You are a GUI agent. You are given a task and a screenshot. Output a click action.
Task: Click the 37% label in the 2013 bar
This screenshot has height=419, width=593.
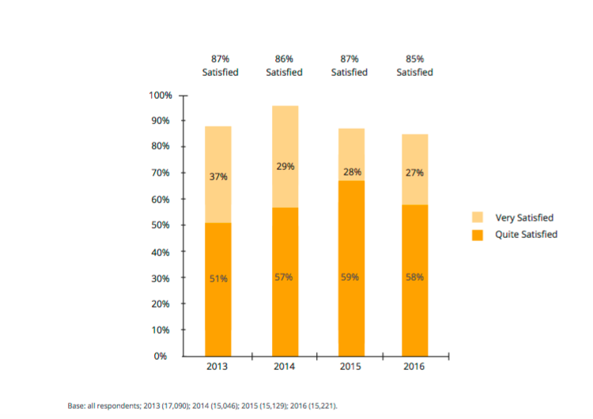[x=218, y=176]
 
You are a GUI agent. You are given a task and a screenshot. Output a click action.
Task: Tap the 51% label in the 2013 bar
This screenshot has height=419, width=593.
[x=218, y=279]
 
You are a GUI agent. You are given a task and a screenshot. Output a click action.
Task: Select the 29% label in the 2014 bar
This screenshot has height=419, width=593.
[x=285, y=166]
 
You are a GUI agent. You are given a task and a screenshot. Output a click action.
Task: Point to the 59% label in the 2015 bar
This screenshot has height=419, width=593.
[x=349, y=277]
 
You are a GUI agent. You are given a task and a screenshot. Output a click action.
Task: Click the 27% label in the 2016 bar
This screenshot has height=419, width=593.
[x=414, y=173]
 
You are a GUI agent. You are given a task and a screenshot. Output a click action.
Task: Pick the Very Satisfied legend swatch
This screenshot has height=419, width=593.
[x=478, y=217]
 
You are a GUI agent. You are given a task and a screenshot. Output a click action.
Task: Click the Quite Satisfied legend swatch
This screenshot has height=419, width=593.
[x=478, y=235]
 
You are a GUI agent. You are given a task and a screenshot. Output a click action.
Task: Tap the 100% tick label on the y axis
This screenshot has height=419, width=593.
[x=161, y=96]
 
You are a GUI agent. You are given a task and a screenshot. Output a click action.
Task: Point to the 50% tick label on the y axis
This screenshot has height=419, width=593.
[x=161, y=225]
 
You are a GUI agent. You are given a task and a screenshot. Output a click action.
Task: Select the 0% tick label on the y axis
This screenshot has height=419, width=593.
[x=161, y=357]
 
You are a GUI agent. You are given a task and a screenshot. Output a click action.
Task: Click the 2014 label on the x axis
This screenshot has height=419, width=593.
[x=284, y=367]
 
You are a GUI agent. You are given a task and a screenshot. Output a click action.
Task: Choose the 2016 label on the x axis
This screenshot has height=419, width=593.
[x=414, y=367]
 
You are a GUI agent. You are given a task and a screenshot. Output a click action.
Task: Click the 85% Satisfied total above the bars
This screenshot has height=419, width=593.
[x=414, y=66]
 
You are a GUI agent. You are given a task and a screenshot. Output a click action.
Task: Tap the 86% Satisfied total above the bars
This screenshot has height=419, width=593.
[x=284, y=66]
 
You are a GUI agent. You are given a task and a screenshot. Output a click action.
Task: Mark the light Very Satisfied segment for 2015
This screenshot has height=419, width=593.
[x=351, y=155]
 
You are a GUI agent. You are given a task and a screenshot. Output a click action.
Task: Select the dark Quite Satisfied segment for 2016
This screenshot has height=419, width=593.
[x=415, y=281]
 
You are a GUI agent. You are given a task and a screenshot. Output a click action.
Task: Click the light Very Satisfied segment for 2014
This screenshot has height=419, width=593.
[x=285, y=157]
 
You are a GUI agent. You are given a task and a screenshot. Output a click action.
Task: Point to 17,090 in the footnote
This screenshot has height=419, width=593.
[x=175, y=406]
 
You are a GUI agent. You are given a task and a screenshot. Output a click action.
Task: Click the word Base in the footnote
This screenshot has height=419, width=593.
[x=76, y=406]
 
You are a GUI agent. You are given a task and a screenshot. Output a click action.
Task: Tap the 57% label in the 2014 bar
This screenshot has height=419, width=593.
[x=283, y=277]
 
